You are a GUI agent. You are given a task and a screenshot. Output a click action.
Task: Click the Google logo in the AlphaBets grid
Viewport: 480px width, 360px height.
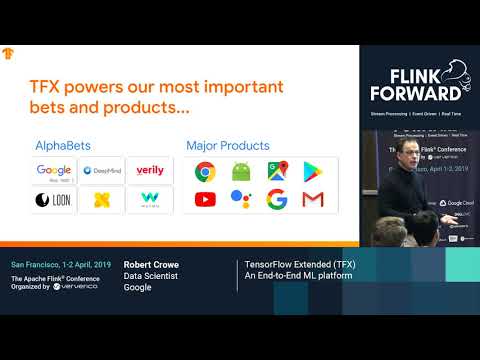(55, 171)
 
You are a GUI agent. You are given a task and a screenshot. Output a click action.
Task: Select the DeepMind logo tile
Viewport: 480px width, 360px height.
(101, 171)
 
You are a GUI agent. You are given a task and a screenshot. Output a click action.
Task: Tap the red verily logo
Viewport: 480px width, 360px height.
(150, 171)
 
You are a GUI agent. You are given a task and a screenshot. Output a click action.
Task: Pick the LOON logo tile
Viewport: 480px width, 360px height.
(55, 199)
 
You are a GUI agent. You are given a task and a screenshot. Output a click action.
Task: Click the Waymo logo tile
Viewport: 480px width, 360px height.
(150, 199)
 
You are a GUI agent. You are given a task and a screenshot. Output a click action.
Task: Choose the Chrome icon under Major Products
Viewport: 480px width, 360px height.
(206, 171)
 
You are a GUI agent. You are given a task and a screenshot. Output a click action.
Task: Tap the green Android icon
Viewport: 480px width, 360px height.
(241, 171)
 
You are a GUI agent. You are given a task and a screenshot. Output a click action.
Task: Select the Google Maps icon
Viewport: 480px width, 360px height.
(277, 171)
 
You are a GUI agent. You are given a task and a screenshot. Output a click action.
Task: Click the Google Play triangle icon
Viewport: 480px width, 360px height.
(313, 171)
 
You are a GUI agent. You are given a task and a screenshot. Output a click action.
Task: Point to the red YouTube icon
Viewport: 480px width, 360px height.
(206, 199)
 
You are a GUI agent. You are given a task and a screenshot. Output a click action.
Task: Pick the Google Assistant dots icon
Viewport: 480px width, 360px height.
(241, 199)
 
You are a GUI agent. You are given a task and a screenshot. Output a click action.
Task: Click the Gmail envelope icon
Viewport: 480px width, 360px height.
(313, 199)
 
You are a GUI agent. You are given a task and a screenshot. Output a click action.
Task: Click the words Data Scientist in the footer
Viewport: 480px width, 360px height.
(150, 277)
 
